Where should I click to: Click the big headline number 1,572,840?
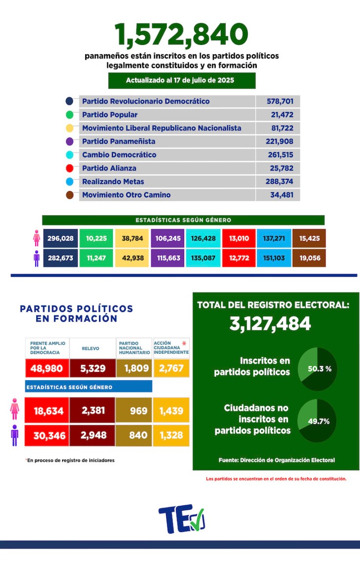point(181,35)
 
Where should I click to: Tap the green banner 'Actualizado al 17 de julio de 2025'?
point(181,80)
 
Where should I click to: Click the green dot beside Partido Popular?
point(69,115)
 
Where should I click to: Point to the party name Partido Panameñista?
point(118,141)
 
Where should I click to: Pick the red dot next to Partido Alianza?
point(69,168)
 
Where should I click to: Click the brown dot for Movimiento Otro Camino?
point(69,195)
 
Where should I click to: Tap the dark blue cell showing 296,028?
point(61,238)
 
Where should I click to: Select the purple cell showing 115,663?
point(168,258)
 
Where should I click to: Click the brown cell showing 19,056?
point(309,258)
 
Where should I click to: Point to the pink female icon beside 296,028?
point(37,238)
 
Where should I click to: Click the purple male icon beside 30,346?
point(15,435)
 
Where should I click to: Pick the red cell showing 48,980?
point(46,368)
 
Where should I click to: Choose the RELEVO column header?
point(92,348)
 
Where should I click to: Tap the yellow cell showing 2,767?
point(171,368)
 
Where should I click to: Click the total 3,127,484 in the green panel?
point(270,324)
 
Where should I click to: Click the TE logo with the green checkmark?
point(181,519)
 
